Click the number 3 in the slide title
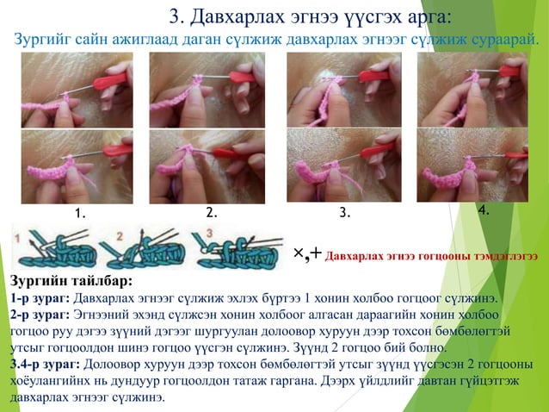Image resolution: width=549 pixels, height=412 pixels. point(175,17)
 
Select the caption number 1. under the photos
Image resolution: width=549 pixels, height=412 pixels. point(81,213)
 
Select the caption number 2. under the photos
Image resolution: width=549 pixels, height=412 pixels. point(212,212)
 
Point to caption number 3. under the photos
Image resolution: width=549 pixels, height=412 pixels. point(345,212)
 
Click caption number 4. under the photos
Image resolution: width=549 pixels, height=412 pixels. point(484,210)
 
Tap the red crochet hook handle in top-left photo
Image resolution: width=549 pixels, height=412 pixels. point(110,81)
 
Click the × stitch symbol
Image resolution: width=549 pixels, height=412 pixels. point(299,253)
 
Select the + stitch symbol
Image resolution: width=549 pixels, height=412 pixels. point(316,253)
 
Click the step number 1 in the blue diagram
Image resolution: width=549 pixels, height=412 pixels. point(17,239)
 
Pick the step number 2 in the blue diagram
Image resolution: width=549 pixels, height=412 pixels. point(120,237)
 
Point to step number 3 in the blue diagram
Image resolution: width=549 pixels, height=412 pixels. point(209,233)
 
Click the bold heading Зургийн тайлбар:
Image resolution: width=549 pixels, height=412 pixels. point(71,281)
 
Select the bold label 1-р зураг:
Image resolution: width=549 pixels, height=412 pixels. point(40,298)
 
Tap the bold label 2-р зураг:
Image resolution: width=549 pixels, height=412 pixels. point(40,315)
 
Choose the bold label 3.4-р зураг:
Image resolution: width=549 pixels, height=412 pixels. point(45,365)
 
